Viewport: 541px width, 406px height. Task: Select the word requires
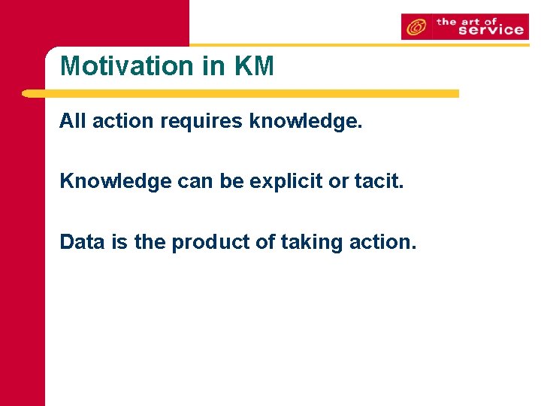pyautogui.click(x=201, y=121)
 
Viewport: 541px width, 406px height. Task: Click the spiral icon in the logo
pyautogui.click(x=416, y=28)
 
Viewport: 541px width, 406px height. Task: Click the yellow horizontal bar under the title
pyautogui.click(x=240, y=94)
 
